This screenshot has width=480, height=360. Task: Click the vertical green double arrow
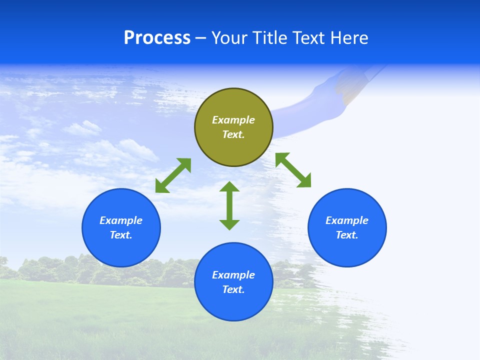tap(229, 205)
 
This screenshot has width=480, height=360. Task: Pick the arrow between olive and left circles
tap(173, 175)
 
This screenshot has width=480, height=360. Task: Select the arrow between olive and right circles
tap(293, 170)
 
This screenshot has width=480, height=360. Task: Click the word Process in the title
tap(157, 38)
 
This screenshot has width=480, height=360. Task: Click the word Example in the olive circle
tap(233, 120)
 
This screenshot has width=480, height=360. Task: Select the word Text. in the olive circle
tap(233, 134)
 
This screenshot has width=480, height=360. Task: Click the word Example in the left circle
tap(121, 220)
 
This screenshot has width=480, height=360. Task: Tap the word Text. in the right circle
tap(347, 235)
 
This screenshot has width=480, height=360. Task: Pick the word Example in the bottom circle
tap(233, 275)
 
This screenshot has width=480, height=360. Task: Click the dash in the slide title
tap(200, 38)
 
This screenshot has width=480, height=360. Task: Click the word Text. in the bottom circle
tap(233, 289)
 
